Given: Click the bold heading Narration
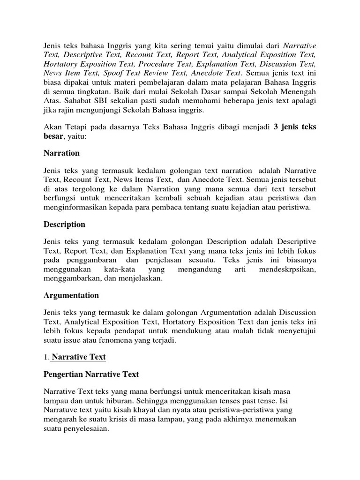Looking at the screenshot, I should pos(61,153).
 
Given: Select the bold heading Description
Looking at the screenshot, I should pos(64,224).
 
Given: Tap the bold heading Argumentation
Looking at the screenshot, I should pos(71,295).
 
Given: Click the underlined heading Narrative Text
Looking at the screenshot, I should pos(79,357).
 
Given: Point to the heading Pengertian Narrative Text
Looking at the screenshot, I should pos(91,375).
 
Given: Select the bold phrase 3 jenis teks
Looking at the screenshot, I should pos(295,127).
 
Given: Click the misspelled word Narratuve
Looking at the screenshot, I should pos(61,410).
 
